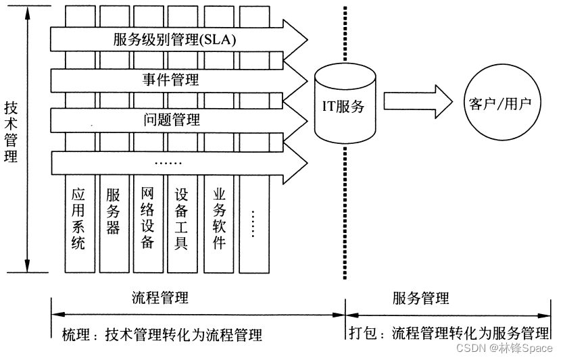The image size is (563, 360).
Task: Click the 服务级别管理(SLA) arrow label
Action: (174, 40)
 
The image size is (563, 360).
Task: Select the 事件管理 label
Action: (170, 80)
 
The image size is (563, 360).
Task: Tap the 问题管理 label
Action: (172, 121)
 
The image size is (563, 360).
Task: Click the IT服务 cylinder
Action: (344, 106)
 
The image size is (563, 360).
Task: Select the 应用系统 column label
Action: (78, 218)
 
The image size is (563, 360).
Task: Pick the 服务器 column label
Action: (113, 210)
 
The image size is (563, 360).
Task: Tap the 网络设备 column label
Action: (148, 218)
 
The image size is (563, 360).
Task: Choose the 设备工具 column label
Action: (181, 218)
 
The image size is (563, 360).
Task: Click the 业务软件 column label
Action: (218, 218)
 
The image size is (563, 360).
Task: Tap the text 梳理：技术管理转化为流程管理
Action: (162, 335)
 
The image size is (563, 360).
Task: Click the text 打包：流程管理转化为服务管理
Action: (449, 333)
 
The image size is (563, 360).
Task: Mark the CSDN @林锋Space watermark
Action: (504, 348)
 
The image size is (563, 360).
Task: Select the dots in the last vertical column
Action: (253, 223)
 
